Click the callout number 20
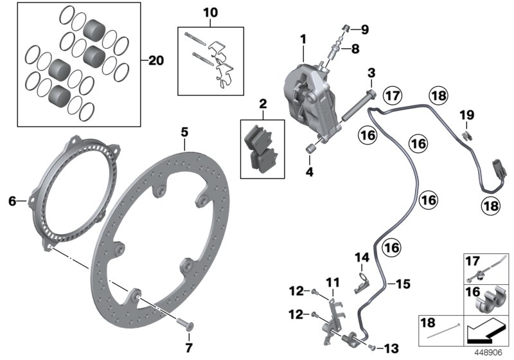point(155,61)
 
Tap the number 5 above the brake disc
point(184,132)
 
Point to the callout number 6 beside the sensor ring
point(12,201)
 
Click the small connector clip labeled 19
point(466,134)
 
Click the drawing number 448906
point(490,353)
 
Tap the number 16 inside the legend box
point(472,292)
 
